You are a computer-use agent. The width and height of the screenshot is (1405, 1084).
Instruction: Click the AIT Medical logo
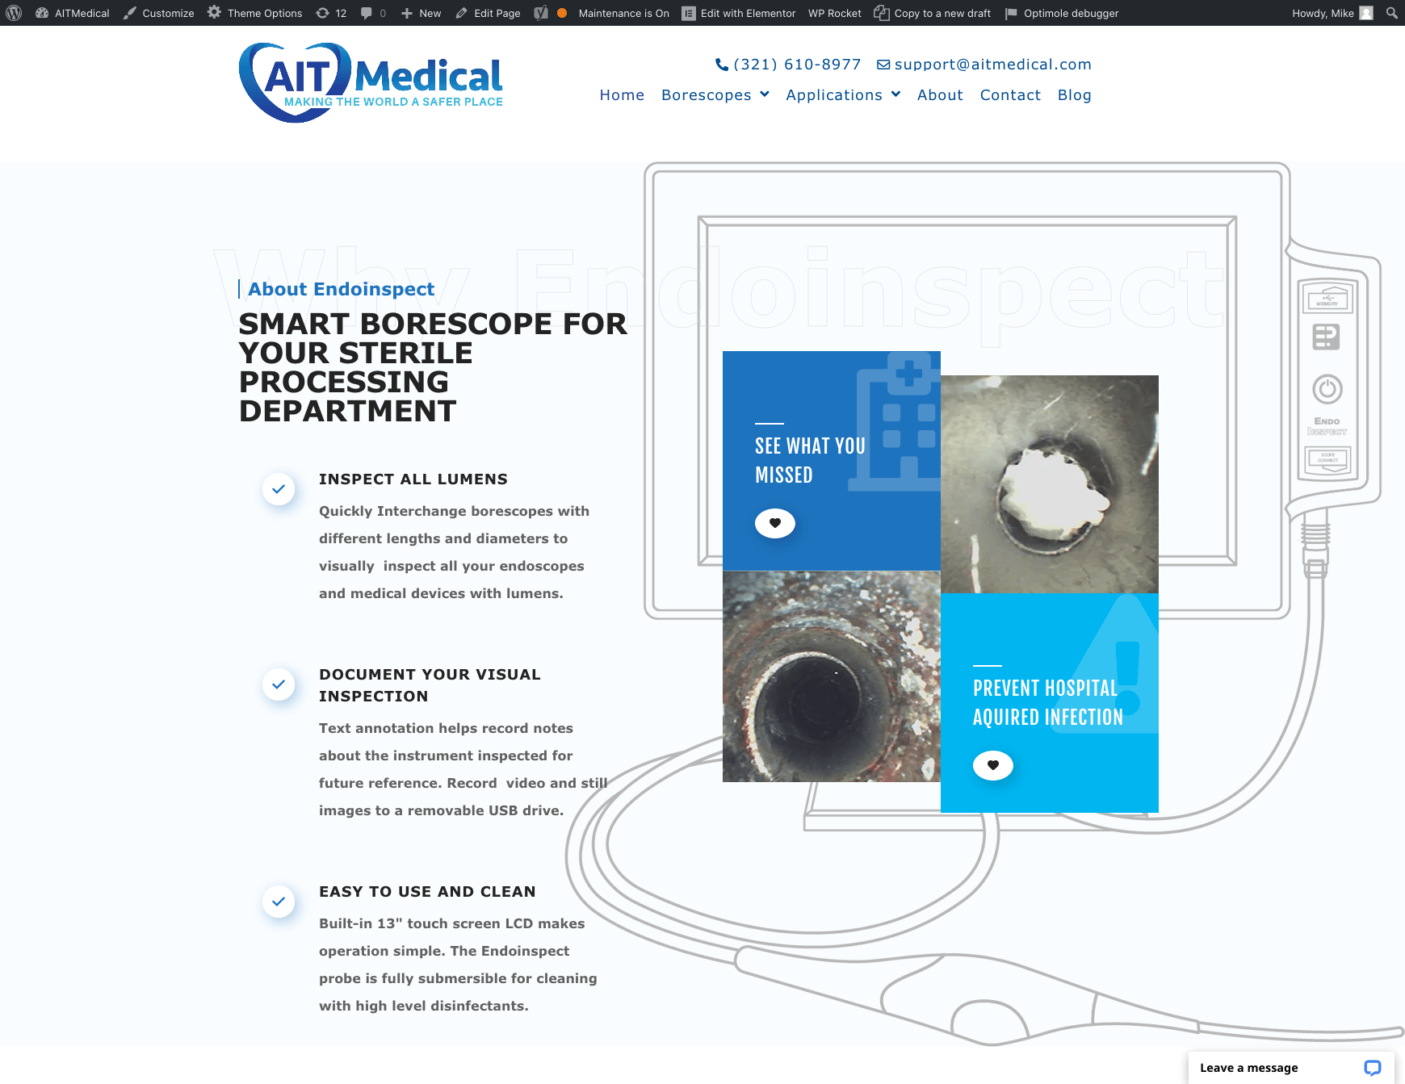(x=371, y=82)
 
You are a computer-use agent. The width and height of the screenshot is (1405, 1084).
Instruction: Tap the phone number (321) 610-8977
(x=788, y=65)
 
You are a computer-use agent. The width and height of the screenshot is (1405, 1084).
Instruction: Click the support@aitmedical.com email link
(x=984, y=65)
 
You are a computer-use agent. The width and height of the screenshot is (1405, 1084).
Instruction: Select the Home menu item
(x=622, y=95)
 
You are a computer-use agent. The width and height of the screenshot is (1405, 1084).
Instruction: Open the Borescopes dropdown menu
(x=715, y=95)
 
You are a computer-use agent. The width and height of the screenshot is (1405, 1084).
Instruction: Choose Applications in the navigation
(x=843, y=95)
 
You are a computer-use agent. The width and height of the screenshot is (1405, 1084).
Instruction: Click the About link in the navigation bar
(x=940, y=95)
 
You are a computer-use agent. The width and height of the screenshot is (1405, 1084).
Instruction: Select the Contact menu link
(x=1010, y=95)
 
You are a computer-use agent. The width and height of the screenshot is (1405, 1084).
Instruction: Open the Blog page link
(x=1074, y=95)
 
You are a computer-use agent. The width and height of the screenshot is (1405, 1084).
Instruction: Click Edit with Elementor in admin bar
(x=739, y=13)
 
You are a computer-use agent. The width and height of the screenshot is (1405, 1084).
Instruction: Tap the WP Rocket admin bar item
(x=834, y=13)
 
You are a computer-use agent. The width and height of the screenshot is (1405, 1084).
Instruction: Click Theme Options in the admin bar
(x=254, y=13)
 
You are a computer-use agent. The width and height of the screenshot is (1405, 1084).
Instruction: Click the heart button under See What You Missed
(x=775, y=523)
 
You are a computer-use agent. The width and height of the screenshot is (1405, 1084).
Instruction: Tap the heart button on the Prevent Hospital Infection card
(x=993, y=765)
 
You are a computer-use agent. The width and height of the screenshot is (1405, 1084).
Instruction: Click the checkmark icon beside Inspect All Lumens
(x=279, y=489)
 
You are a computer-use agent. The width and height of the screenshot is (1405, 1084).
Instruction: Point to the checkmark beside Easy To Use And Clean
(x=279, y=902)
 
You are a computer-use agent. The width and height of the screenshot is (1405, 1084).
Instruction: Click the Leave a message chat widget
(x=1291, y=1068)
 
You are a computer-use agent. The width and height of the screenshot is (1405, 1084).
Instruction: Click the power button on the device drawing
(x=1327, y=389)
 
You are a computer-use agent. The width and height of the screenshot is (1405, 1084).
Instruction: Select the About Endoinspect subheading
(x=341, y=289)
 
